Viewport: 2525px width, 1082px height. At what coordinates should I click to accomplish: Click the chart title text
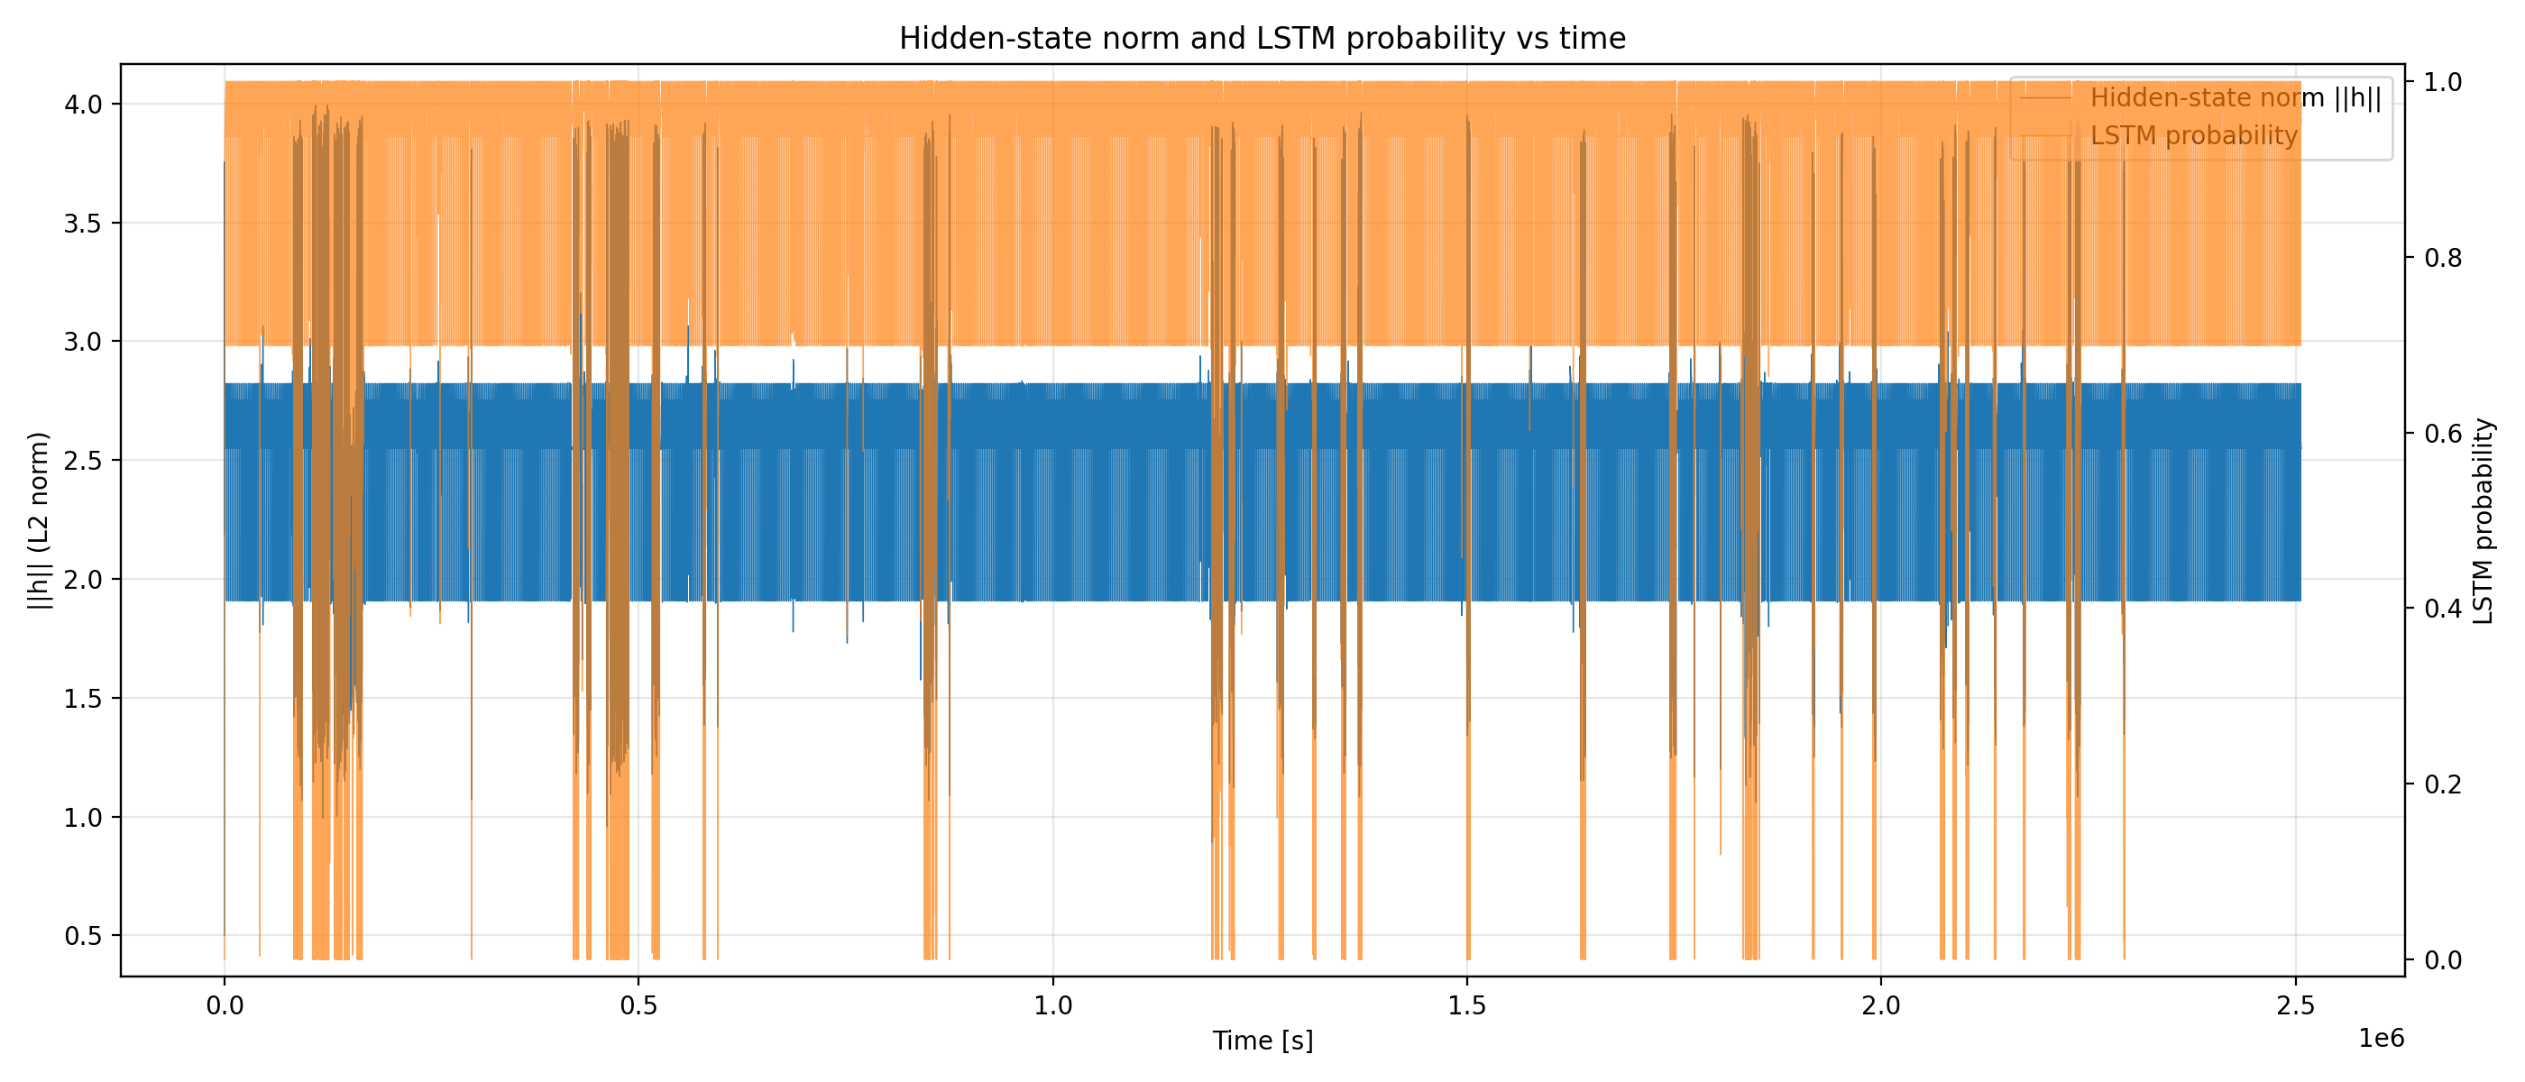pyautogui.click(x=1262, y=38)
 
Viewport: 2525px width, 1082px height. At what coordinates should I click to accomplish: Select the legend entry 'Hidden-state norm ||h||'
pyautogui.click(x=2235, y=98)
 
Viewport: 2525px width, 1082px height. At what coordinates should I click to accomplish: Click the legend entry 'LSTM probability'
pyautogui.click(x=2194, y=135)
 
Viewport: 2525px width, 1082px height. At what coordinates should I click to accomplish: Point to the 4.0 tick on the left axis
pyautogui.click(x=83, y=104)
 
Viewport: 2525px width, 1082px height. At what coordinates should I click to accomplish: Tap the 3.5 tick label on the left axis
pyautogui.click(x=83, y=224)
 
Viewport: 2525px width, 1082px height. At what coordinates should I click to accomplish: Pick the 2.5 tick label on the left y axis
pyautogui.click(x=83, y=461)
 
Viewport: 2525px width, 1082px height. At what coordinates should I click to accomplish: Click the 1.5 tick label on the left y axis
pyautogui.click(x=83, y=699)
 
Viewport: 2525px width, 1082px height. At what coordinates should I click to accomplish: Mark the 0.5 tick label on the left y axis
pyautogui.click(x=83, y=936)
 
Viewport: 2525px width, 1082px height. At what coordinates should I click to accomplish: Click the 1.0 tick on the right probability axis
pyautogui.click(x=2443, y=81)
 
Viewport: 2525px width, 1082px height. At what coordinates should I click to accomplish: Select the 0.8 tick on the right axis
pyautogui.click(x=2443, y=258)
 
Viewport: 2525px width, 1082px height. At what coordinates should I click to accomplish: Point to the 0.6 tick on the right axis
pyautogui.click(x=2443, y=433)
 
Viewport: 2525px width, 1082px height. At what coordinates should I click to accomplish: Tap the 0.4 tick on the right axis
pyautogui.click(x=2443, y=609)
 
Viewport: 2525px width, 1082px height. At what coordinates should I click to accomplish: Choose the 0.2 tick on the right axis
pyautogui.click(x=2443, y=784)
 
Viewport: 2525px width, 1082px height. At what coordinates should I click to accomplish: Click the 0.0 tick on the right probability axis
pyautogui.click(x=2443, y=960)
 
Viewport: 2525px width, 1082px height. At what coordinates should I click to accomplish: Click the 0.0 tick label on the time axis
pyautogui.click(x=225, y=1005)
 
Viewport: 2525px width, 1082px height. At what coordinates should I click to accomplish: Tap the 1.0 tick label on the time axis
pyautogui.click(x=1052, y=1005)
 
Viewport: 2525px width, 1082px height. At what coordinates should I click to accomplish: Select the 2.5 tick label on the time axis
pyautogui.click(x=2296, y=1005)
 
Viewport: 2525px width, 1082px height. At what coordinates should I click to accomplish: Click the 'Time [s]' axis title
pyautogui.click(x=1262, y=1041)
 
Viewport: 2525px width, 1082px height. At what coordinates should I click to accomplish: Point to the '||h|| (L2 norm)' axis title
pyautogui.click(x=38, y=519)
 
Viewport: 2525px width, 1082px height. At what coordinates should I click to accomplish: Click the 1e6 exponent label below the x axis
pyautogui.click(x=2381, y=1039)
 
